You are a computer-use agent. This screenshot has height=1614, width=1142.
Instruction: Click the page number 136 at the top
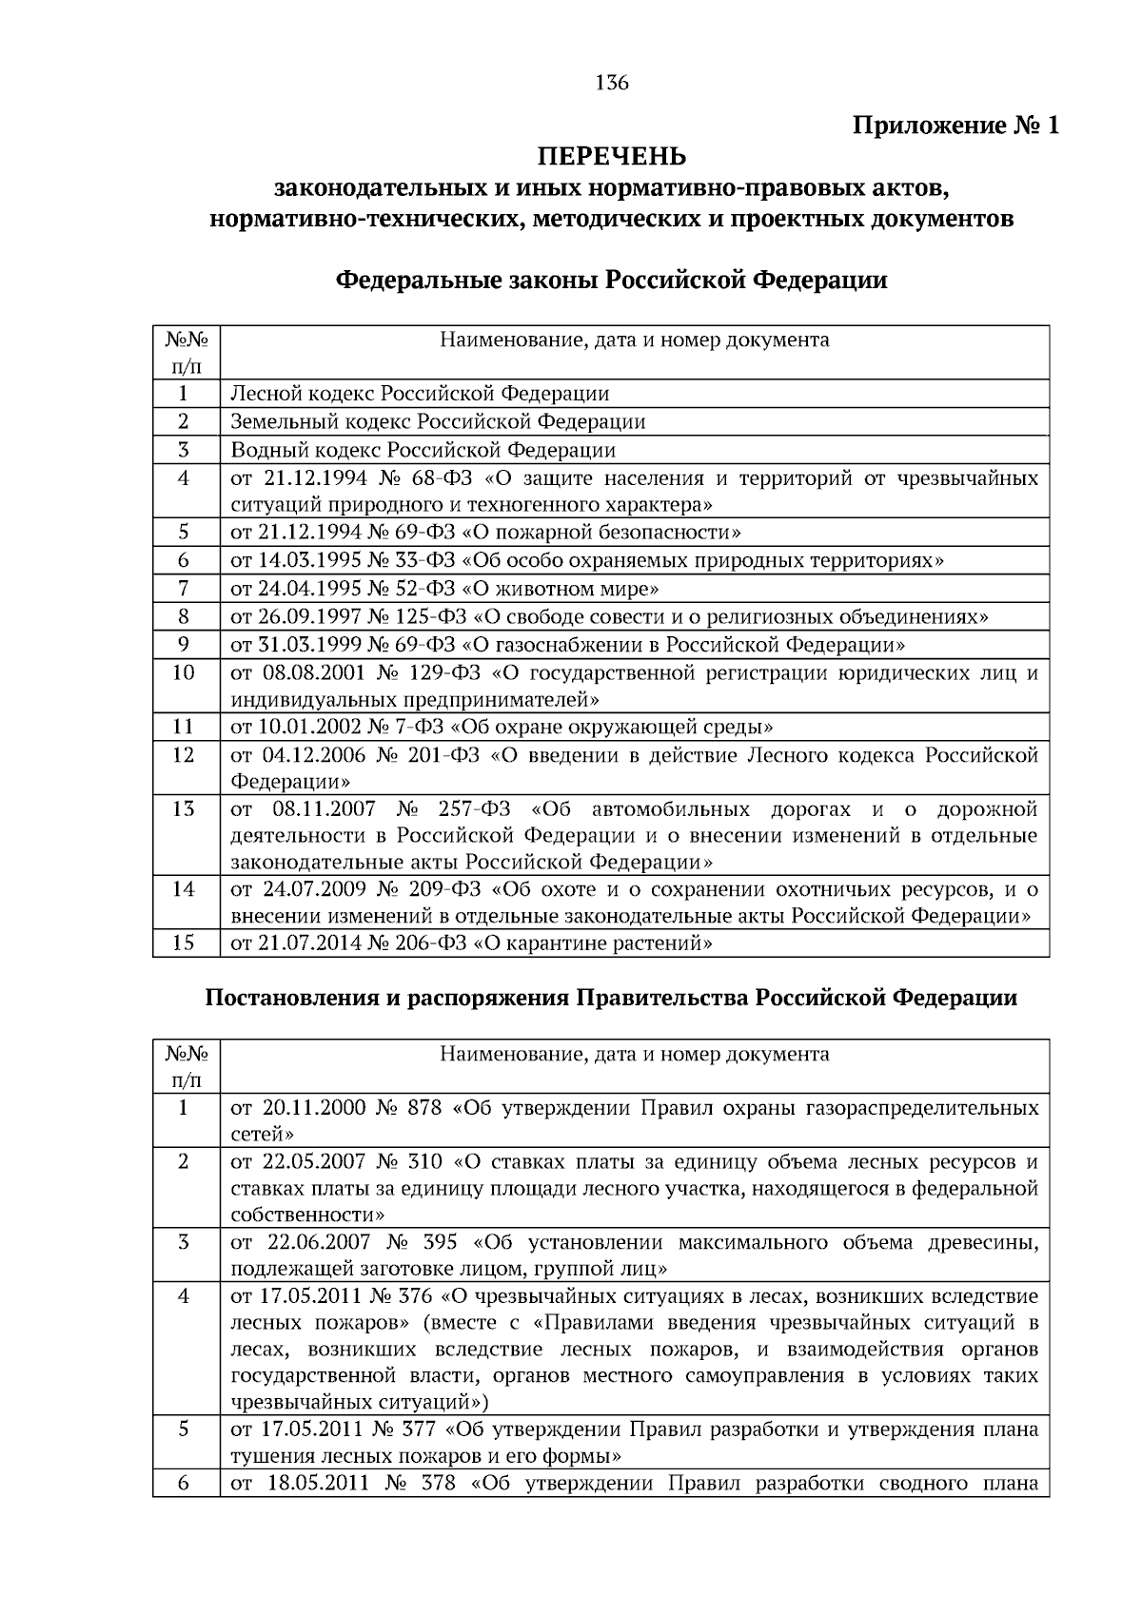point(612,83)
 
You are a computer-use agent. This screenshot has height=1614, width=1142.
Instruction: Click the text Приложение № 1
point(955,126)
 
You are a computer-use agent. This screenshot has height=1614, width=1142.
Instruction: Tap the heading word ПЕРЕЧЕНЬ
point(612,155)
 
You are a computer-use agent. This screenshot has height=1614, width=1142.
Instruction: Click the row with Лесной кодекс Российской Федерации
point(420,394)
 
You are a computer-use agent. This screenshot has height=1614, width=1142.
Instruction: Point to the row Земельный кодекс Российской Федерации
point(438,421)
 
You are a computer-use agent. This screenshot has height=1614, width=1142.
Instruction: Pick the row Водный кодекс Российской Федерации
point(423,450)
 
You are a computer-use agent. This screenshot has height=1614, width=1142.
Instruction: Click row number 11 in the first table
point(184,728)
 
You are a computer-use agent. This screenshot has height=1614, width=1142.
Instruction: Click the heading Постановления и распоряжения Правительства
point(612,998)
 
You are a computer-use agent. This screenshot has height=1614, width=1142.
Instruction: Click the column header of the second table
point(634,1054)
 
